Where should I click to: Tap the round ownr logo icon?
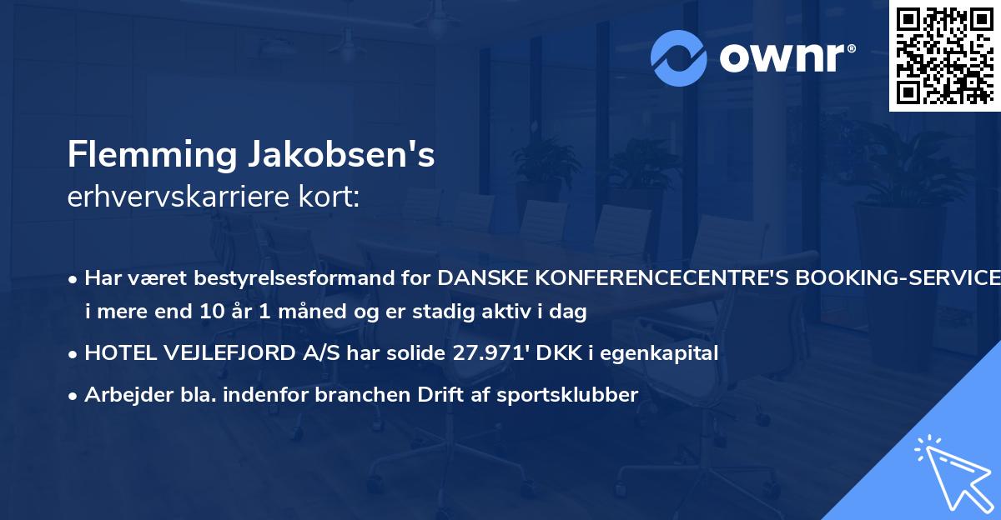coord(679,58)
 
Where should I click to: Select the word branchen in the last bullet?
coord(350,395)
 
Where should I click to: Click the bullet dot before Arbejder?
coord(74,396)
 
